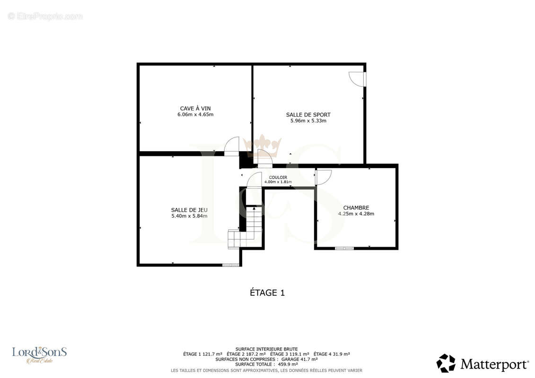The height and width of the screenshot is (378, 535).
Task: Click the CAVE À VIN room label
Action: (195, 108)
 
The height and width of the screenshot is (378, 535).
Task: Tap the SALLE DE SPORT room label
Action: (308, 115)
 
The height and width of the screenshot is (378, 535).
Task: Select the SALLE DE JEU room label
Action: (189, 210)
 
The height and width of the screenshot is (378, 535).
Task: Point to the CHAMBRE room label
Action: (356, 207)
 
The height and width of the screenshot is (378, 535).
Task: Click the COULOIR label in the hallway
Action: (278, 177)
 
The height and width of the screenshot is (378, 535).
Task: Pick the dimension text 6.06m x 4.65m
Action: (195, 114)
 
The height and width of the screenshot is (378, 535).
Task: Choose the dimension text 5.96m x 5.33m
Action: (308, 120)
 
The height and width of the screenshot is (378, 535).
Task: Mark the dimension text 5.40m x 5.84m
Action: (189, 216)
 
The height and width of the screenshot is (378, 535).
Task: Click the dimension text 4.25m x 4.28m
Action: (356, 214)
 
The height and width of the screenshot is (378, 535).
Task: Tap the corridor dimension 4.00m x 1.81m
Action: (278, 182)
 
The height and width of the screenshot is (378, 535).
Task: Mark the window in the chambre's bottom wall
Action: (344, 248)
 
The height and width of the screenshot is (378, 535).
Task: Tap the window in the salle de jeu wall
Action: (231, 265)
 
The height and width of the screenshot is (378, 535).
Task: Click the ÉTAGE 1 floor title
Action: (267, 293)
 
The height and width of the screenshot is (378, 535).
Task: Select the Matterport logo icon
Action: (446, 363)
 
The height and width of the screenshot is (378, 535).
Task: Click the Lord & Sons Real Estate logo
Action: (40, 354)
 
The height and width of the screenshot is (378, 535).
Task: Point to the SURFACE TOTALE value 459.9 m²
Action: (288, 364)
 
